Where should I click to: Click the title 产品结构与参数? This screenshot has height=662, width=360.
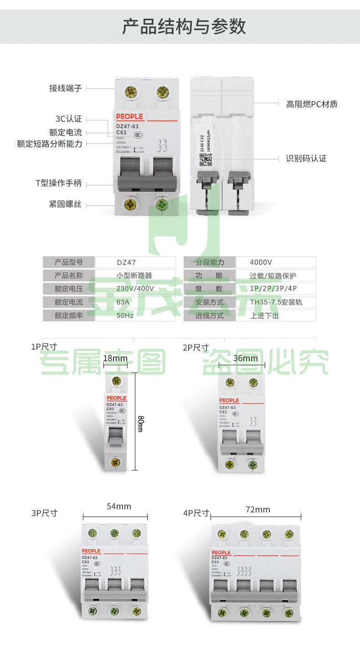pyautogui.click(x=184, y=27)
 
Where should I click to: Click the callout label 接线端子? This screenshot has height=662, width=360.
pyautogui.click(x=66, y=88)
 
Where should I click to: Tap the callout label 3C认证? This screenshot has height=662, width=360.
pyautogui.click(x=68, y=119)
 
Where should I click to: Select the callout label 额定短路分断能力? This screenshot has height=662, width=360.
pyautogui.click(x=50, y=144)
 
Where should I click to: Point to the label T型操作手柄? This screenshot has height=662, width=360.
pyautogui.click(x=59, y=183)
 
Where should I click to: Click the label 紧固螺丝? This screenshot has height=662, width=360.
pyautogui.click(x=65, y=204)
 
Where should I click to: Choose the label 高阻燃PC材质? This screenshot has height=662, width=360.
pyautogui.click(x=312, y=104)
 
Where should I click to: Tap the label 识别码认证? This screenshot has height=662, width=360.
pyautogui.click(x=306, y=159)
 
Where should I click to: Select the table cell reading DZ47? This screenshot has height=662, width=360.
pyautogui.click(x=126, y=262)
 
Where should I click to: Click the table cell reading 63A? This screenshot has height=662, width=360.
pyautogui.click(x=123, y=302)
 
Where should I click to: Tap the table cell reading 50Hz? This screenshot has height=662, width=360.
pyautogui.click(x=125, y=315)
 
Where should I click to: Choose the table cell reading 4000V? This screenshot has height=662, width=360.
pyautogui.click(x=261, y=262)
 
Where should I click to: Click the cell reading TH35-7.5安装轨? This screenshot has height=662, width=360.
pyautogui.click(x=276, y=302)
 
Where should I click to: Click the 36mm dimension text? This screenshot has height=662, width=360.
pyautogui.click(x=245, y=358)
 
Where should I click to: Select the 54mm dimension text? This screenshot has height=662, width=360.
pyautogui.click(x=119, y=507)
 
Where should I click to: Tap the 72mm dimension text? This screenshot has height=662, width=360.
pyautogui.click(x=258, y=510)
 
